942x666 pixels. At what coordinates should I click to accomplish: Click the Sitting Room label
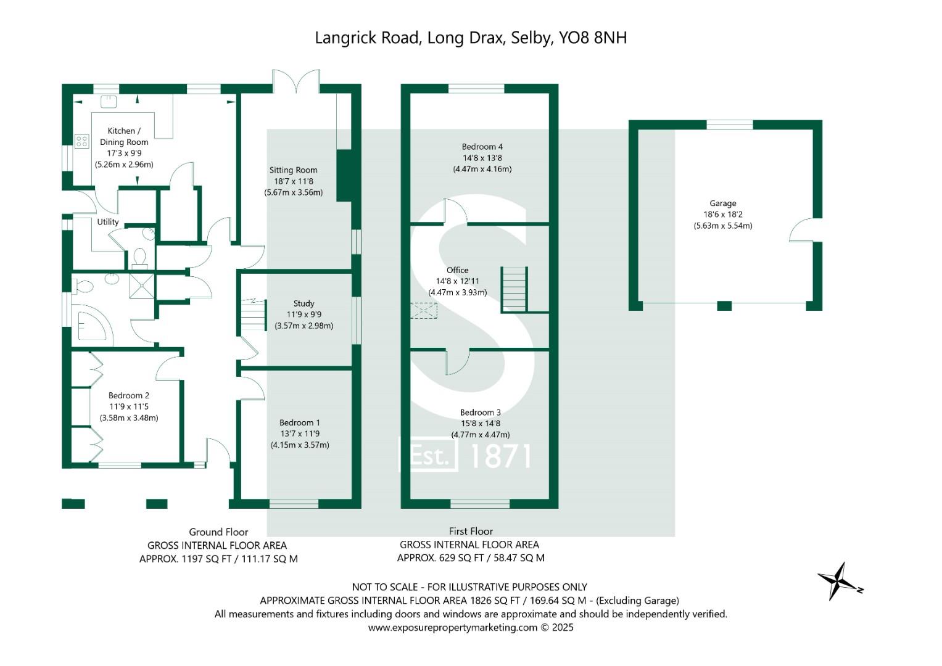tap(293, 170)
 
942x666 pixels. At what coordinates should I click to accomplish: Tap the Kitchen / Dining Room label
tap(124, 136)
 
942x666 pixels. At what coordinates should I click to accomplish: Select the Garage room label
tap(722, 203)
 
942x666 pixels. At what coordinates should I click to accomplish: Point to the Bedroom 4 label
tap(482, 147)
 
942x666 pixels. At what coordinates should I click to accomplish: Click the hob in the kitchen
tap(82, 142)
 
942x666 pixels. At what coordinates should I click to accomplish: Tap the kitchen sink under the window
tap(109, 99)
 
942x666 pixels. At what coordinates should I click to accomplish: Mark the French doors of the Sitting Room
tap(297, 81)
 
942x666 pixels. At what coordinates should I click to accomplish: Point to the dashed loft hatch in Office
tap(424, 311)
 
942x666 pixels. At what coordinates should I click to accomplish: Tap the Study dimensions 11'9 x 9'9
tap(304, 314)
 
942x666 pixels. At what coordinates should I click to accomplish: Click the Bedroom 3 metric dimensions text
tap(481, 435)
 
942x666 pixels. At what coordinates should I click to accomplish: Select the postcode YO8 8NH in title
tap(593, 38)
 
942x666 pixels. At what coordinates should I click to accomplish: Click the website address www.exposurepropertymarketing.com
tap(453, 628)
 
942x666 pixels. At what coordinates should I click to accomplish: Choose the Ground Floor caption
tap(218, 532)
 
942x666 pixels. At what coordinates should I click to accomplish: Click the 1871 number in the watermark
tap(500, 456)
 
